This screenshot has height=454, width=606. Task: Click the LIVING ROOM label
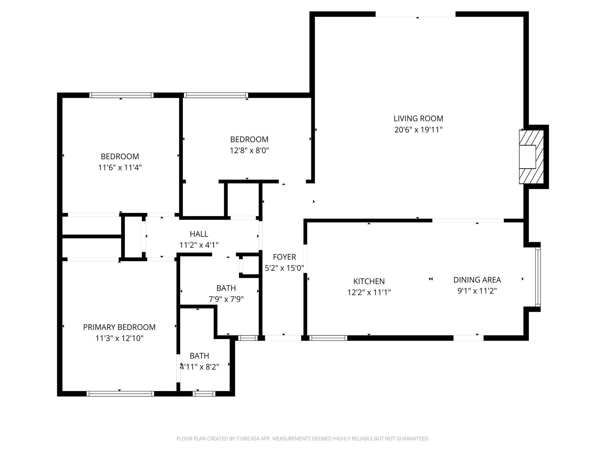point(418,119)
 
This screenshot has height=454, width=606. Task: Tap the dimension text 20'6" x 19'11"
point(418,130)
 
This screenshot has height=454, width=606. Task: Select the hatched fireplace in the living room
point(531,157)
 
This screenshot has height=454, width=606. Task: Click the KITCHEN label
point(369,281)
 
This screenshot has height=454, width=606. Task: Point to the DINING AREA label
point(477,280)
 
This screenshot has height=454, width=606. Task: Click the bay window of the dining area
point(538,277)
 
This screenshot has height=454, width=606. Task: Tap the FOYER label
point(284,257)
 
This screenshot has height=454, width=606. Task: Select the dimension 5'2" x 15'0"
point(284,268)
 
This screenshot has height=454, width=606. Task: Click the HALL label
point(199,234)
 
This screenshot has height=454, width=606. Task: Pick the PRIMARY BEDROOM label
point(119,327)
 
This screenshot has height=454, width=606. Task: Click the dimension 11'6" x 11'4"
point(120,168)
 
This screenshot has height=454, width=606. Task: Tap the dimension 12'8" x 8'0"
point(249,150)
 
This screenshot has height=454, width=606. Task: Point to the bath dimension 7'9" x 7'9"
point(226,299)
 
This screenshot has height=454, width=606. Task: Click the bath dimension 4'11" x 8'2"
point(199,367)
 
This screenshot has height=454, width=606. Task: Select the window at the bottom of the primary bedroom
point(120,394)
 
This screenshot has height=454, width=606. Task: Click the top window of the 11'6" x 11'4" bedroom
point(121,95)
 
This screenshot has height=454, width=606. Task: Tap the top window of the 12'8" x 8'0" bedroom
point(215,95)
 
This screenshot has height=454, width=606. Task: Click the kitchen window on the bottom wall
point(328,338)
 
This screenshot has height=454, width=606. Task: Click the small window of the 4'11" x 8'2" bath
point(204,394)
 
